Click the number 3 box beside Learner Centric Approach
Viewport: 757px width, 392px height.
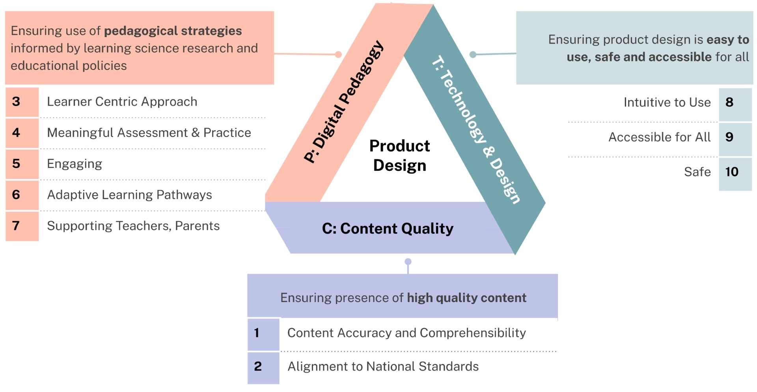coord(22,102)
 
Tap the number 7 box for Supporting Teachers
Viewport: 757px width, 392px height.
coord(22,226)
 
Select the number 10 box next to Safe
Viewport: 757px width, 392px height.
coord(735,172)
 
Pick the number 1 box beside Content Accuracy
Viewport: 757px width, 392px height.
coord(263,333)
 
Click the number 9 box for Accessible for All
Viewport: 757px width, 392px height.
coord(735,137)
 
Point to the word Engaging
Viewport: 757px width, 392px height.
coord(75,164)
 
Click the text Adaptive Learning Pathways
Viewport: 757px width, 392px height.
coord(129,195)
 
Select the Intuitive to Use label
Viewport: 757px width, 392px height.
coord(667,103)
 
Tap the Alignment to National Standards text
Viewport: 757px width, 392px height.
coord(383,367)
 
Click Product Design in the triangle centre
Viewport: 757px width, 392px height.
coord(399,156)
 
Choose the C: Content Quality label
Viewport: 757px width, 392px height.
coord(388,229)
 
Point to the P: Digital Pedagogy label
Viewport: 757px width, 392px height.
coord(344,102)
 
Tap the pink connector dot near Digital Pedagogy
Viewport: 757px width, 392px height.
coord(338,54)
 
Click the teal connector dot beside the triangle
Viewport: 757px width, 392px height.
coord(473,54)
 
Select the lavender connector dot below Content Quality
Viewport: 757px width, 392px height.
coord(408,261)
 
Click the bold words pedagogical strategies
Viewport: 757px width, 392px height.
coord(173,31)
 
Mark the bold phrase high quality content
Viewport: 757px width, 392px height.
coord(466,298)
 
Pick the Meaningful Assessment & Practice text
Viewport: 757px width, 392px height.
coord(149,133)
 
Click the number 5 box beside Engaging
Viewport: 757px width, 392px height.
coord(22,164)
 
